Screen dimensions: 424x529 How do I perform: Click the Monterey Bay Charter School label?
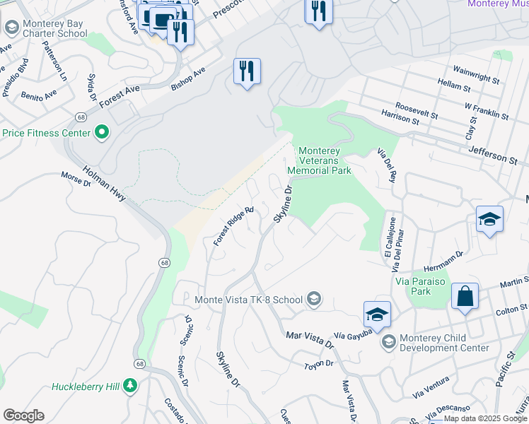pyautogui.click(x=54, y=28)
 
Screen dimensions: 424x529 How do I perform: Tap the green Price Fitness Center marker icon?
pyautogui.click(x=101, y=132)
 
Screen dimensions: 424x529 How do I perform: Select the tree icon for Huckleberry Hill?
pyautogui.click(x=129, y=386)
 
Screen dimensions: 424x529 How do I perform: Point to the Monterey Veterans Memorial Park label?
pyautogui.click(x=325, y=160)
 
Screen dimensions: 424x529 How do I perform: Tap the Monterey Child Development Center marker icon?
pyautogui.click(x=388, y=342)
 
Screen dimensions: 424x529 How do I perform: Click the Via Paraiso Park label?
pyautogui.click(x=412, y=285)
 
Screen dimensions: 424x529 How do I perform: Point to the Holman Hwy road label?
pyautogui.click(x=104, y=183)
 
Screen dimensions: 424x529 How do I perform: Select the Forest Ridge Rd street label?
pyautogui.click(x=234, y=226)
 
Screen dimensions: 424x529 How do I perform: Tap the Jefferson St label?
pyautogui.click(x=492, y=155)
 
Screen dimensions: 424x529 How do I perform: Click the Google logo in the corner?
pyautogui.click(x=23, y=415)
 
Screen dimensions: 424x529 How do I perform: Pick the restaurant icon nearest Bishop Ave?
pyautogui.click(x=247, y=71)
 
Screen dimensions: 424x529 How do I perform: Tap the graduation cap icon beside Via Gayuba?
pyautogui.click(x=377, y=314)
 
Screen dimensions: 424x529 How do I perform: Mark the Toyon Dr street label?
pyautogui.click(x=318, y=363)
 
